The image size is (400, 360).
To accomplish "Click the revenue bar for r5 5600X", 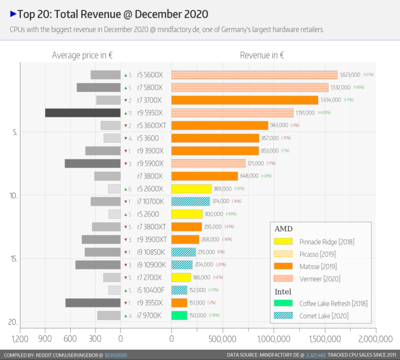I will [254, 75].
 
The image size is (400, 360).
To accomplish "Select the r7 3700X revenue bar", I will [244, 100].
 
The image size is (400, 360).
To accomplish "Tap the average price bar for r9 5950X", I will [82, 113].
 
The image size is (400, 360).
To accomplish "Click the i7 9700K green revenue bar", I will [179, 315].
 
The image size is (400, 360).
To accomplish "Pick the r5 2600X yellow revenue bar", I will [191, 189].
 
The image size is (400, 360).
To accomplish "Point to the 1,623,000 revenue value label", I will [350, 75].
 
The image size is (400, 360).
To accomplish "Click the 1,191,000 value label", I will [306, 113].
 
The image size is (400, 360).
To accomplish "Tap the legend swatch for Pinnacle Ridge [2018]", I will [284, 241].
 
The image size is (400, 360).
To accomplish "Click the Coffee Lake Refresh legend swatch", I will [284, 303].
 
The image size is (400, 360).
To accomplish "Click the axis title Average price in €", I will [82, 55].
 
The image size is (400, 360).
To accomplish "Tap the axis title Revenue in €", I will [262, 55].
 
